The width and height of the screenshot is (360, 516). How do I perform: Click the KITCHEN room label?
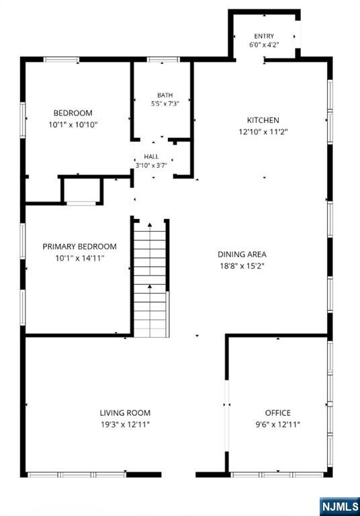coord(263,120)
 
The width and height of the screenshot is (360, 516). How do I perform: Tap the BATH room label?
coord(165,95)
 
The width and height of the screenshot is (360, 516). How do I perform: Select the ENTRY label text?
coord(264,36)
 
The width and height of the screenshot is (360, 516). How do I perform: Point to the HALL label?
coord(151,157)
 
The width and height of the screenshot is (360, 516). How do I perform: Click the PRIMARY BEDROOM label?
coord(80,247)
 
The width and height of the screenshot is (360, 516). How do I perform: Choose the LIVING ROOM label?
coord(125,413)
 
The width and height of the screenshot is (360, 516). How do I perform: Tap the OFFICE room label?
coord(278,413)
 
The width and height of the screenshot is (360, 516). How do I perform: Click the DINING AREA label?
coord(242,254)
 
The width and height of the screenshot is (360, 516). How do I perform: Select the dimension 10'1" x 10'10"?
coord(73,125)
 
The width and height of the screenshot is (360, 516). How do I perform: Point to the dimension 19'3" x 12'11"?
coord(125,425)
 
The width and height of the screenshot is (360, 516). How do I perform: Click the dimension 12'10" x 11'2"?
coord(263,132)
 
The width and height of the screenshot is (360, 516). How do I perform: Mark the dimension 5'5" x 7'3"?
coord(165,103)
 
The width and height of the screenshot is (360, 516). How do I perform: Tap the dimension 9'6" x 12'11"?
coord(278,425)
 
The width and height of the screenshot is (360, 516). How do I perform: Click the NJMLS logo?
coord(339,506)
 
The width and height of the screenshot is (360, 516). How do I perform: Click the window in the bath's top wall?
coord(163,60)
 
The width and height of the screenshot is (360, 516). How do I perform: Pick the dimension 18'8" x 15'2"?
coord(242,266)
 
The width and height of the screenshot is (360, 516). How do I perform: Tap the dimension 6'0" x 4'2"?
coord(264,45)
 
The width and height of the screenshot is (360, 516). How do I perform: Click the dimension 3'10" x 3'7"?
coord(151,165)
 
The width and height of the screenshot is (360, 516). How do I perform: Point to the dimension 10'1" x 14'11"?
coord(80,258)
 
